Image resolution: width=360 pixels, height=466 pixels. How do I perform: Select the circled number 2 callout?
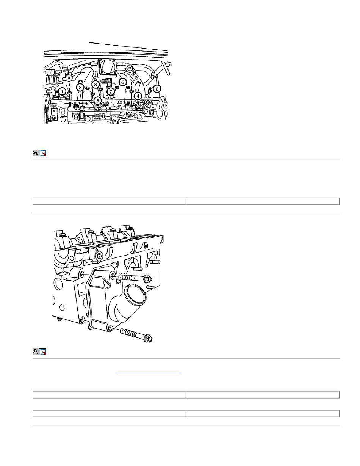(x=157, y=89)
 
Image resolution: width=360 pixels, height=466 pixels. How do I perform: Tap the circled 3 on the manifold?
(x=80, y=87)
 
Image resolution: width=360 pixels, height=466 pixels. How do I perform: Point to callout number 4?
(x=138, y=96)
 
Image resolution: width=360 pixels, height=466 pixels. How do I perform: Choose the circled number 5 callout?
(x=98, y=100)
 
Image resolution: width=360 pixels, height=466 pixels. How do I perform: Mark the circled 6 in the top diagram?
(x=123, y=82)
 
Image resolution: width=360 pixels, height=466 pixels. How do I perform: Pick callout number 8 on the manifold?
(x=95, y=84)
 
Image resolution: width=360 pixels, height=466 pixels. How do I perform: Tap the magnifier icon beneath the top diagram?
(x=35, y=153)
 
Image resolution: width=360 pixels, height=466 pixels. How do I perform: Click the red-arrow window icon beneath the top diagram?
(x=43, y=153)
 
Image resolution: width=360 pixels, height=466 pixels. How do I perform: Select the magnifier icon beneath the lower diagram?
(x=35, y=351)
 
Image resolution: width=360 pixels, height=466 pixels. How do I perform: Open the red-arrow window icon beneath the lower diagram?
(x=43, y=351)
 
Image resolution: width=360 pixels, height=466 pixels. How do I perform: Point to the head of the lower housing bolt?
(x=149, y=339)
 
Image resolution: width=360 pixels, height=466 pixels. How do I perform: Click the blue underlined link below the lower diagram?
(x=149, y=373)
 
